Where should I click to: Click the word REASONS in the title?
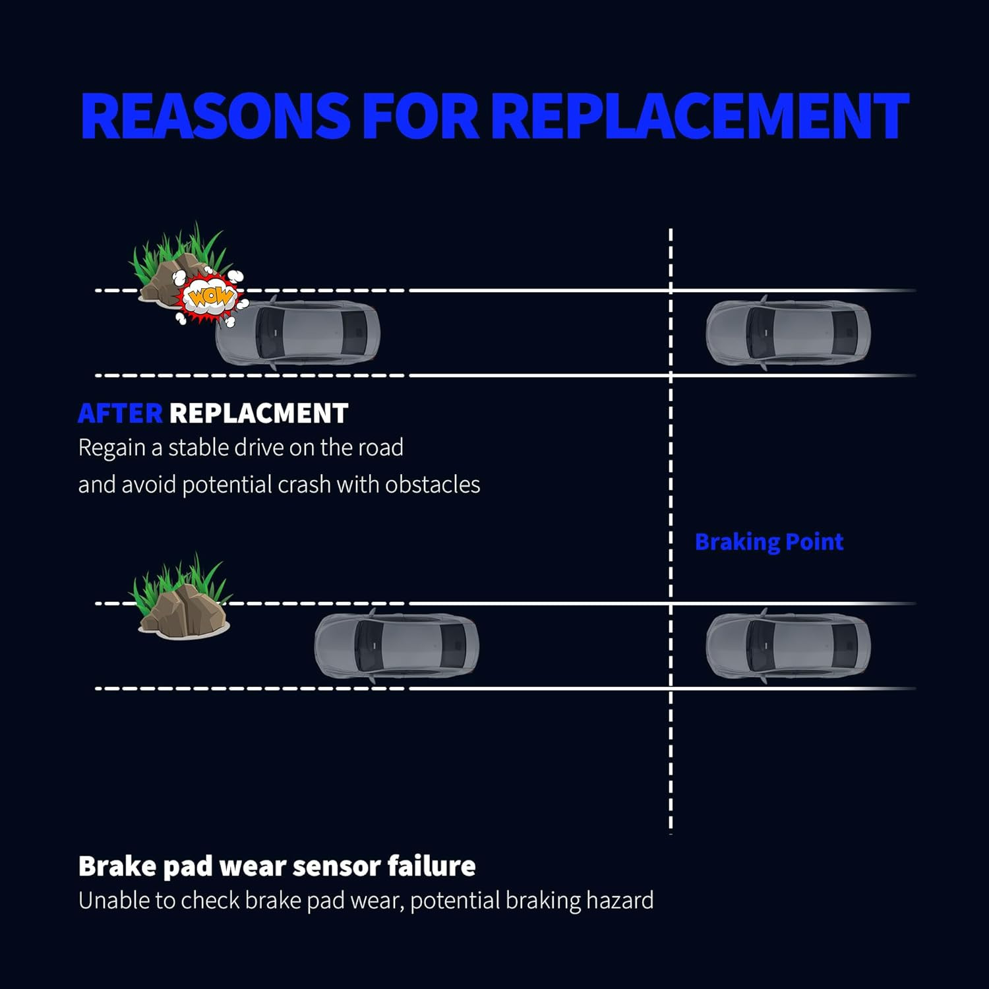[214, 116]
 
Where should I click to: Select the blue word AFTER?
[120, 413]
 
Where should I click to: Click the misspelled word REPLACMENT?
[258, 413]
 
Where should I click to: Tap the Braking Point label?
[769, 542]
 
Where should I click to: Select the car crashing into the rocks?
[298, 333]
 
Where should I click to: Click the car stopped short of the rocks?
[397, 646]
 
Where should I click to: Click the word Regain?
[111, 448]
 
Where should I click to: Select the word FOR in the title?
[420, 116]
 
